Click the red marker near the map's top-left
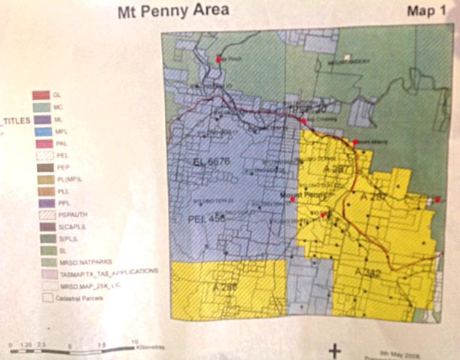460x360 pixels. pyautogui.click(x=218, y=58)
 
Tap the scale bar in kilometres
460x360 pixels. pyautogui.click(x=72, y=348)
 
